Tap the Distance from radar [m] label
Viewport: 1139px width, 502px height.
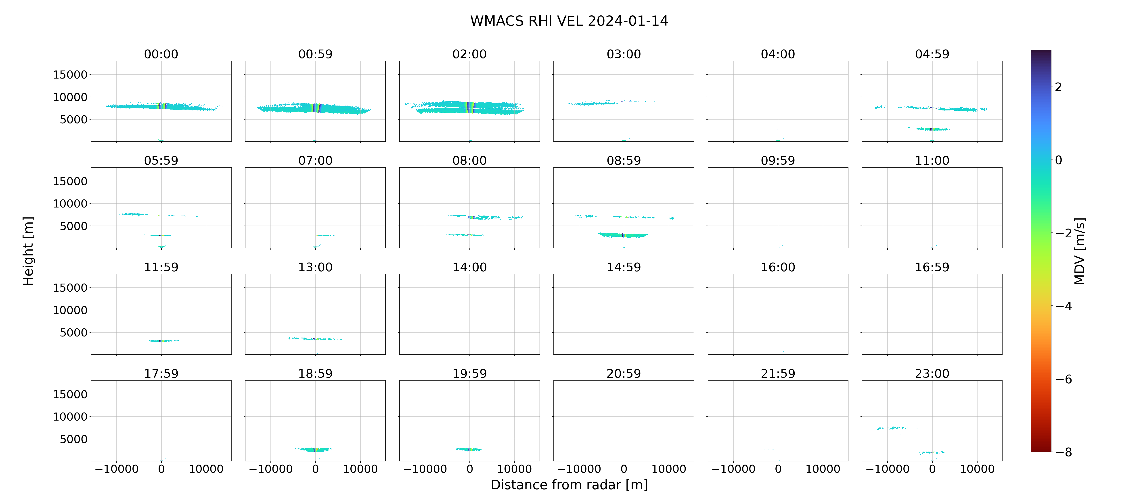point(569,485)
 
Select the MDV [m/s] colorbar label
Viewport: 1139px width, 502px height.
point(1079,251)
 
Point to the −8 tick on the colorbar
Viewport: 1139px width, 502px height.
point(1063,452)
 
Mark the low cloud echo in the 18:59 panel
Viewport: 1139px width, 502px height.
point(314,450)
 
